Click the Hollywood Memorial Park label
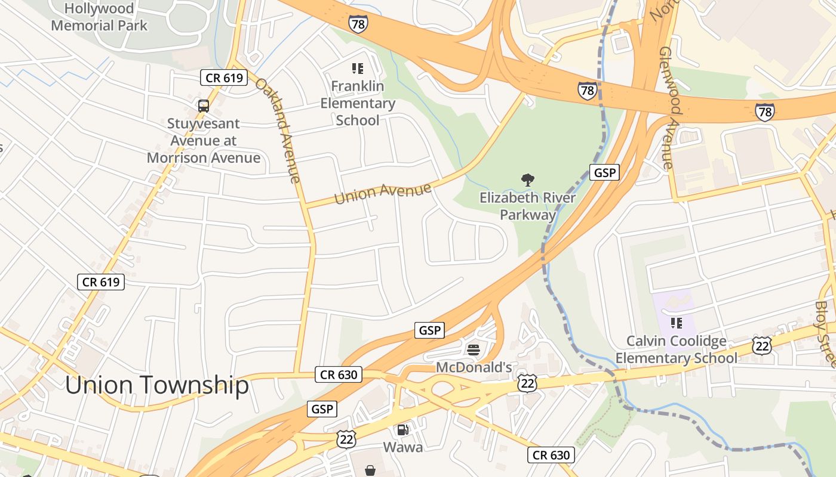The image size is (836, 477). coord(99,17)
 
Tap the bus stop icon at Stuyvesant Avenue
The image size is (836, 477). coord(204,106)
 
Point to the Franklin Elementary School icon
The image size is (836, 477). coord(358,69)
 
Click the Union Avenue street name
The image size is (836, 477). coord(383,193)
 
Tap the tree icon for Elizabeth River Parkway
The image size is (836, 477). coord(527,179)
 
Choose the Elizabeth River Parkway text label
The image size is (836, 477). coord(528,206)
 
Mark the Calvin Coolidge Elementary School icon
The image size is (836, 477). coord(677,323)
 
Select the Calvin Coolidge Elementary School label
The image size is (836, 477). coord(677,349)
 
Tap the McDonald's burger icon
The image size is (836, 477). coord(474,349)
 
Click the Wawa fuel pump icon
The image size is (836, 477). coord(403,429)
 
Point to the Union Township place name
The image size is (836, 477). coord(157,385)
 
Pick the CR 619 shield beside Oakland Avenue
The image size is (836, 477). coord(223,78)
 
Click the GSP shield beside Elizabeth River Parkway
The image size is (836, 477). coord(604,173)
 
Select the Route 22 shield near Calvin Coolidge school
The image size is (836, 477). coord(763,346)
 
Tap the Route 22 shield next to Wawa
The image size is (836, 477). coord(346,439)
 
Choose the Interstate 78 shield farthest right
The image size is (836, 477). coord(765,111)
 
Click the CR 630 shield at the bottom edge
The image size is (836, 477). coord(551,455)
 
